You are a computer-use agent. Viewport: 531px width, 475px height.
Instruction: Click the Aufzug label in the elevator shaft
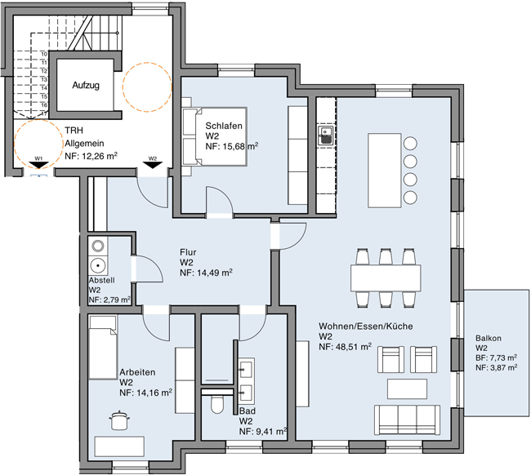coord(86,85)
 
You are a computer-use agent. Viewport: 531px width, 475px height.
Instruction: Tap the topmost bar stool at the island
coord(411,142)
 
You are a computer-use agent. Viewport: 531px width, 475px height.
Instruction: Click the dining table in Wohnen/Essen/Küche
coord(386,278)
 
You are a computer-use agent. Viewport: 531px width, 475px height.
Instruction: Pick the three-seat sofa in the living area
coord(407,419)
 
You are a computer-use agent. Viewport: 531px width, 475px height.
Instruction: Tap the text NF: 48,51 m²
coord(345,346)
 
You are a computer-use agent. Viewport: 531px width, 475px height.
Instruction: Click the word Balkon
coord(488,338)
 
